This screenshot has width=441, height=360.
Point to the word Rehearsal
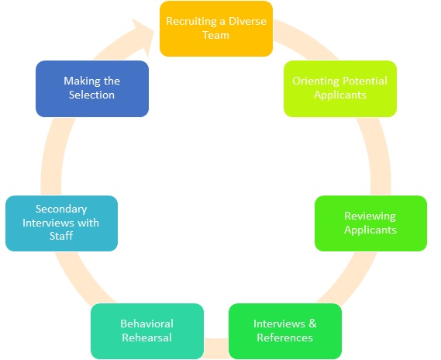pyautogui.click(x=146, y=337)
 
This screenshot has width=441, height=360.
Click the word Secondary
pyautogui.click(x=61, y=209)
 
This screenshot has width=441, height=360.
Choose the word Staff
pyautogui.click(x=61, y=236)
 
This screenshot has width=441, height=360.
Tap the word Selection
pyautogui.click(x=91, y=95)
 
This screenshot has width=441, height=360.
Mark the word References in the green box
pyautogui.click(x=284, y=337)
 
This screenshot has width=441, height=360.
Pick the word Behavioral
pyautogui.click(x=146, y=324)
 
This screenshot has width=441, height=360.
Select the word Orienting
pyautogui.click(x=316, y=81)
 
